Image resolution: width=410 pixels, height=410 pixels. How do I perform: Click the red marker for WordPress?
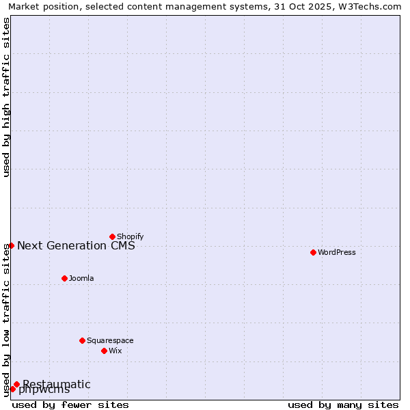(313, 252)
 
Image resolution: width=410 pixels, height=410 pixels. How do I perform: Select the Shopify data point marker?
(112, 236)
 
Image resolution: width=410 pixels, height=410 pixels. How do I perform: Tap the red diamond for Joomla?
(64, 278)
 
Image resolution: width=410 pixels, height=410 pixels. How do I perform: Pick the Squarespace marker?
(82, 340)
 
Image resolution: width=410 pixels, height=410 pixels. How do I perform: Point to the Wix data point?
(104, 351)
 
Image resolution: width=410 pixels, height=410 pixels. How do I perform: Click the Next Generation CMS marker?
(11, 245)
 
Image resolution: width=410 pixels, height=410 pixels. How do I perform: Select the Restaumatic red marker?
(16, 384)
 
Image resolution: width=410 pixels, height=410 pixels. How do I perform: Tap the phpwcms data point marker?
(12, 389)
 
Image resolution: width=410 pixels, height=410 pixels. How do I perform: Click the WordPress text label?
(337, 252)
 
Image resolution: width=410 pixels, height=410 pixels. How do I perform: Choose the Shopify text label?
(130, 236)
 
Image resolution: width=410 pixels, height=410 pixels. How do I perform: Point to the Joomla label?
(81, 278)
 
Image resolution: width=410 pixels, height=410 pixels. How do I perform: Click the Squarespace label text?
(110, 340)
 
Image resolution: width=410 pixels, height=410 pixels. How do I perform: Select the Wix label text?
(115, 351)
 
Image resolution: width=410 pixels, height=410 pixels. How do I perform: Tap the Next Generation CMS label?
(76, 245)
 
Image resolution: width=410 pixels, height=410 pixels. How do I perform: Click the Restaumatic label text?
(56, 384)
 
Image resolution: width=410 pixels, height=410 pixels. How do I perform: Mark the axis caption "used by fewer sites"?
(70, 405)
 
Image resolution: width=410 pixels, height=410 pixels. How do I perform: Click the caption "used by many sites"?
(343, 405)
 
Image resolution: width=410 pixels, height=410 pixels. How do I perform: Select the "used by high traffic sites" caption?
(6, 97)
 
